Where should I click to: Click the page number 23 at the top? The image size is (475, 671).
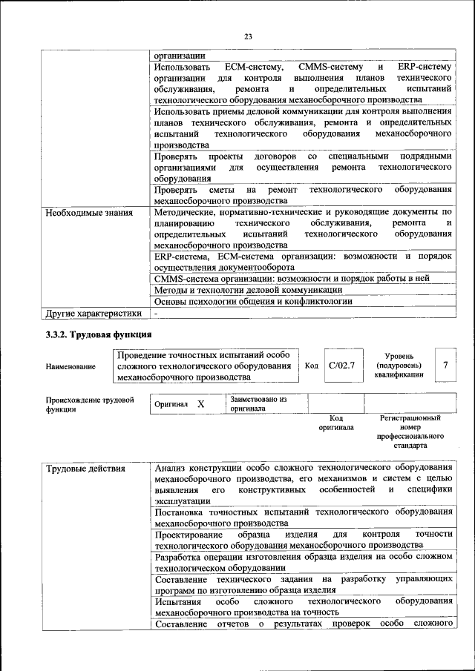248,37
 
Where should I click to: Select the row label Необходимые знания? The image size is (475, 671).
89,213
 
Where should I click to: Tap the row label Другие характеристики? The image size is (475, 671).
94,314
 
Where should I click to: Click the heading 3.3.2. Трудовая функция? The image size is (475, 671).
99,335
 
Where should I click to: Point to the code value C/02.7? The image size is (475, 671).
342,366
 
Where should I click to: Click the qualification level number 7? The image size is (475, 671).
445,365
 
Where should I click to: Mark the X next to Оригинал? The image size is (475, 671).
200,404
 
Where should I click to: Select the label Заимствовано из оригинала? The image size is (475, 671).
258,403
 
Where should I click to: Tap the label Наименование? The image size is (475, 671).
71,366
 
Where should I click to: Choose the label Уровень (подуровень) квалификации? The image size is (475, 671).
399,366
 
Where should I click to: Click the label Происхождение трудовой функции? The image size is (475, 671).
90,404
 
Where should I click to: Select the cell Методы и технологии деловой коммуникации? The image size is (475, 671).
248,290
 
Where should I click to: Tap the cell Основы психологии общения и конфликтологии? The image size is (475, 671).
252,302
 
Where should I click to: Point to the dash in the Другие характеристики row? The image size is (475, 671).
157,314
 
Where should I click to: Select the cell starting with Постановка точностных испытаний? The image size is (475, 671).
303,517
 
